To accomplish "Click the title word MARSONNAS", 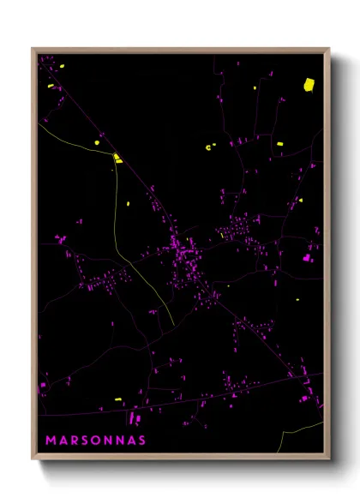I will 95,441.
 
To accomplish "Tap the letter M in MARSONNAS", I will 51,441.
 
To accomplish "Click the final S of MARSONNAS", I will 141,441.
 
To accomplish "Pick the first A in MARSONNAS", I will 62,441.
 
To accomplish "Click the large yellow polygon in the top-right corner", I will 309,84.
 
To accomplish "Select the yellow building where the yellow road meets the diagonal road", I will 117,158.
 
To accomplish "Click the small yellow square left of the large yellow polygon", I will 255,87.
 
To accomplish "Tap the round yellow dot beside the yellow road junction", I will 97,142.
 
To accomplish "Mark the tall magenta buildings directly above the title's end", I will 133,419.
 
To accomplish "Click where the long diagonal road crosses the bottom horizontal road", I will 291,376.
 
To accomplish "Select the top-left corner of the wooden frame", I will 33,49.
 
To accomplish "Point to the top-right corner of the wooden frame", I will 329,49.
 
